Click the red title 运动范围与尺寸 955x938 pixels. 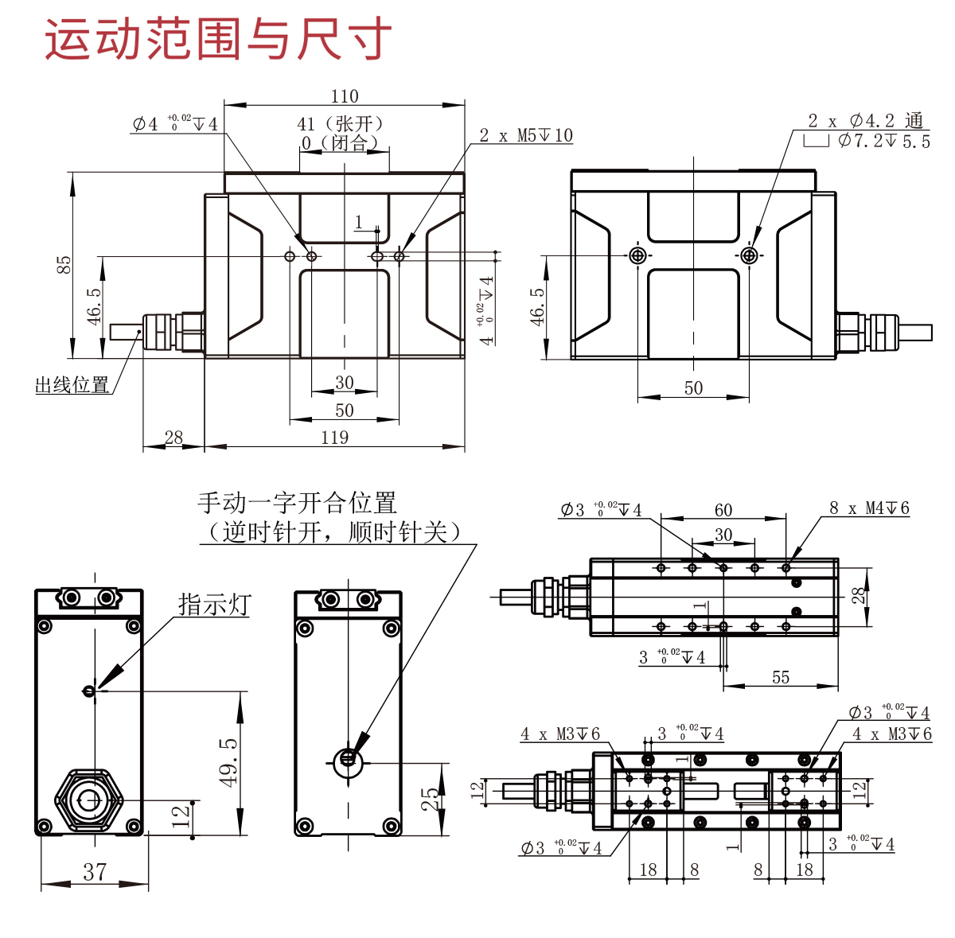pyautogui.click(x=217, y=40)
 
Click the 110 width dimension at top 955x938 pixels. pyautogui.click(x=345, y=96)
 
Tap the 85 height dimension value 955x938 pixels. pyautogui.click(x=64, y=265)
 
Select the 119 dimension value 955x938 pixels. pyautogui.click(x=335, y=438)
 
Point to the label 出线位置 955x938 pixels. pyautogui.click(x=72, y=386)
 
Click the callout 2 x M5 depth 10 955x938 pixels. pyautogui.click(x=525, y=135)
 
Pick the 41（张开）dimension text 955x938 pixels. pyautogui.click(x=341, y=123)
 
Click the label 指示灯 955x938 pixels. pyautogui.click(x=214, y=605)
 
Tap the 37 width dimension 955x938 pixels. pyautogui.click(x=95, y=872)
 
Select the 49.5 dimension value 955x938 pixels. pyautogui.click(x=229, y=761)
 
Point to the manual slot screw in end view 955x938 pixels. pyautogui.click(x=348, y=759)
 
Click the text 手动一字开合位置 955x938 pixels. pyautogui.click(x=297, y=503)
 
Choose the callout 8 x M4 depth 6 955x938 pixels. pyautogui.click(x=868, y=508)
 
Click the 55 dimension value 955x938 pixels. pyautogui.click(x=781, y=677)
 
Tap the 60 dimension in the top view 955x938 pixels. pyautogui.click(x=723, y=510)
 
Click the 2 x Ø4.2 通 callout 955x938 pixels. pyautogui.click(x=865, y=121)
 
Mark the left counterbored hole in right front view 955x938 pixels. pyautogui.click(x=637, y=255)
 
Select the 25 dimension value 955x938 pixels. pyautogui.click(x=431, y=799)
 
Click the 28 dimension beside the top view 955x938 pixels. pyautogui.click(x=859, y=596)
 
